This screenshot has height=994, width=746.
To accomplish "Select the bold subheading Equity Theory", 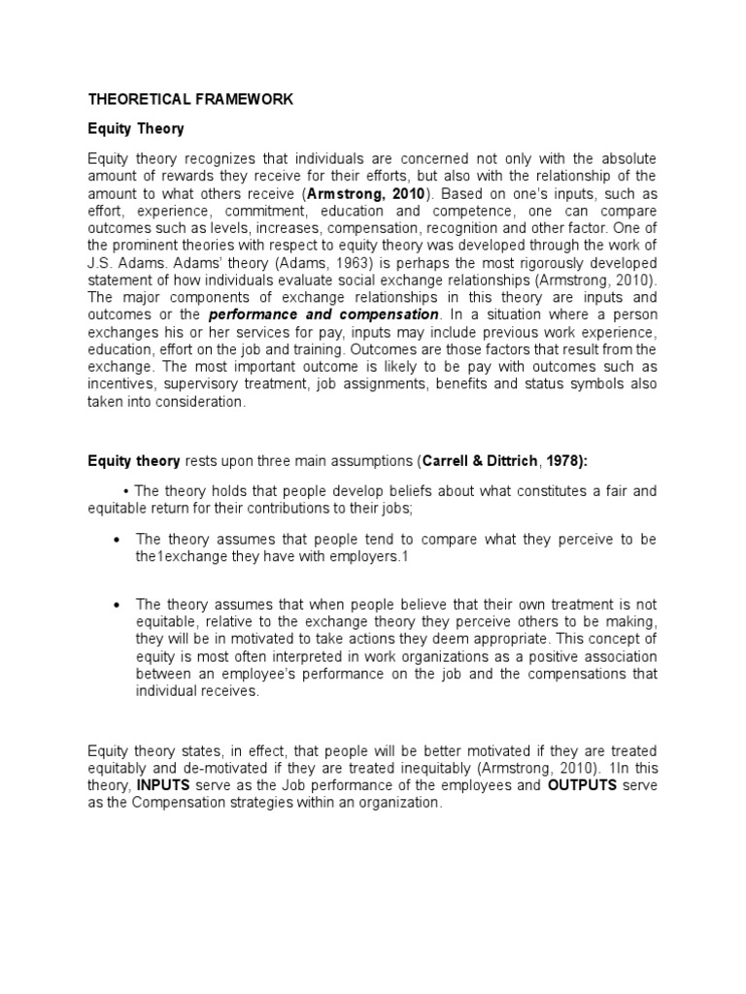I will click(136, 129).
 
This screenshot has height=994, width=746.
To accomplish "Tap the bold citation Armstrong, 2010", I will click(365, 193).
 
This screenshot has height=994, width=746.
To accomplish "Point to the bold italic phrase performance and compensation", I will click(323, 315).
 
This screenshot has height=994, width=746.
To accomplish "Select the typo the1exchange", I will click(180, 556).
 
